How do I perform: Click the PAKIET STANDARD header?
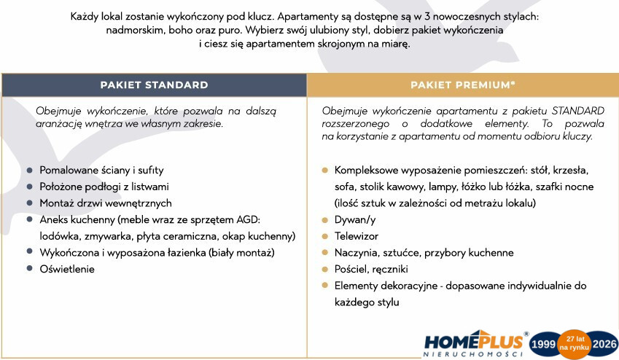[x=154, y=85]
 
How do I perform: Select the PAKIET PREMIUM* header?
[x=463, y=85]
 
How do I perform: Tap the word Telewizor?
[x=357, y=236]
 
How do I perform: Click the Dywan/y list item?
[x=355, y=220]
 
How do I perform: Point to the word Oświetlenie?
[x=67, y=269]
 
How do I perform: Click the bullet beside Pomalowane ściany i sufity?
[x=30, y=171]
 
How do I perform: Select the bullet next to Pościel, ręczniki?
[x=325, y=269]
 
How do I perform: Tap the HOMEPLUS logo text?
[x=474, y=342]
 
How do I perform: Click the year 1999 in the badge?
[x=543, y=344]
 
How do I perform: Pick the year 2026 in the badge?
[x=604, y=344]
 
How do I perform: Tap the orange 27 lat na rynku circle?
[x=574, y=343]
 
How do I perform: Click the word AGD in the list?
[x=249, y=220]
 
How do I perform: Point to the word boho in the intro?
[x=180, y=31]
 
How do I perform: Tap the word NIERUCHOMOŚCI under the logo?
[x=473, y=354]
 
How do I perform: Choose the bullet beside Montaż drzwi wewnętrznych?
[x=30, y=203]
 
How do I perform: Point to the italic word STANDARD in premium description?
[x=578, y=111]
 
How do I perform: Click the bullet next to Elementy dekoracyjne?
[x=325, y=286]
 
